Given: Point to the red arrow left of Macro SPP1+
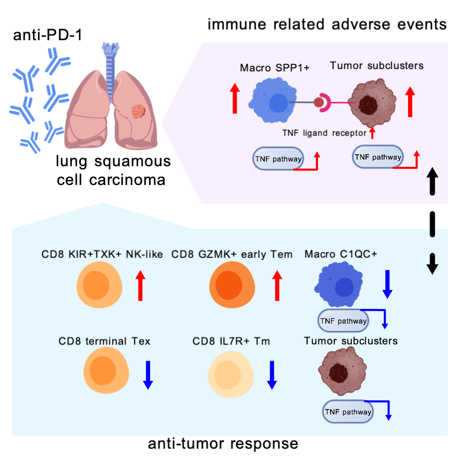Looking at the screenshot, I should pos(234,99).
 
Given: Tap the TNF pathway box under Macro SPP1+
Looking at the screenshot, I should pos(278,158).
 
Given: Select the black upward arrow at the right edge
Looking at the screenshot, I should pos(432,180).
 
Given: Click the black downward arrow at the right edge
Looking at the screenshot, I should pos(432,263).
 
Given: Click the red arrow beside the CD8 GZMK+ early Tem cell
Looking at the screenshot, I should pos(277,285).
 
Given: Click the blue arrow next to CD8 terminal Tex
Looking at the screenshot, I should pos(148,374).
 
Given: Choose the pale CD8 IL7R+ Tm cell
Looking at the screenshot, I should pos(231,374).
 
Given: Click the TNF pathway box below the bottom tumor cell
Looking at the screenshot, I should pos(348,412).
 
